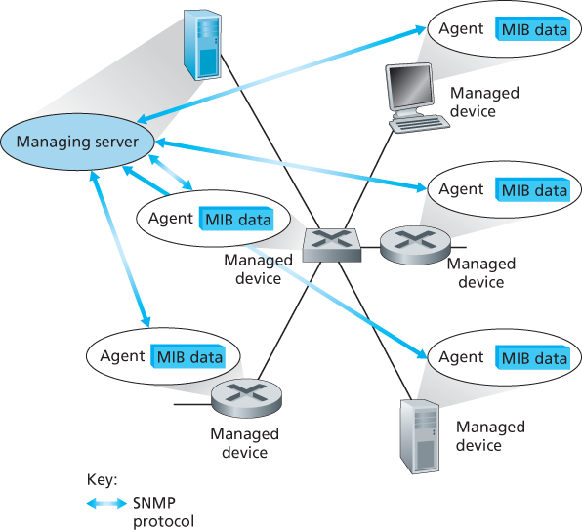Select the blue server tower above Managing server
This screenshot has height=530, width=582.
click(x=203, y=47)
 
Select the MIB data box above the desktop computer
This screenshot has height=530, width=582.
click(x=532, y=29)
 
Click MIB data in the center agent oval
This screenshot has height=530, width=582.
click(x=236, y=218)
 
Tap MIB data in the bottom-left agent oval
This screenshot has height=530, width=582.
click(x=188, y=357)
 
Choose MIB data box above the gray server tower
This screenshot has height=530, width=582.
click(x=532, y=358)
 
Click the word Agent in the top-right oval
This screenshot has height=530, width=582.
click(x=462, y=28)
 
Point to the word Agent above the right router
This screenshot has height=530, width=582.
click(x=462, y=189)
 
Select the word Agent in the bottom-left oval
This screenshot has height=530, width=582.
click(x=123, y=356)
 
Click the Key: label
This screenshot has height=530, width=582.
click(x=102, y=480)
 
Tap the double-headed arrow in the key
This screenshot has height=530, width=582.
click(x=107, y=504)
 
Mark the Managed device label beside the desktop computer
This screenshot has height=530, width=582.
click(x=484, y=102)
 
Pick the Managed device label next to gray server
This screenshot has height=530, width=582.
click(x=490, y=435)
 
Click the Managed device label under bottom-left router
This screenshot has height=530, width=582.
click(x=245, y=443)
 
